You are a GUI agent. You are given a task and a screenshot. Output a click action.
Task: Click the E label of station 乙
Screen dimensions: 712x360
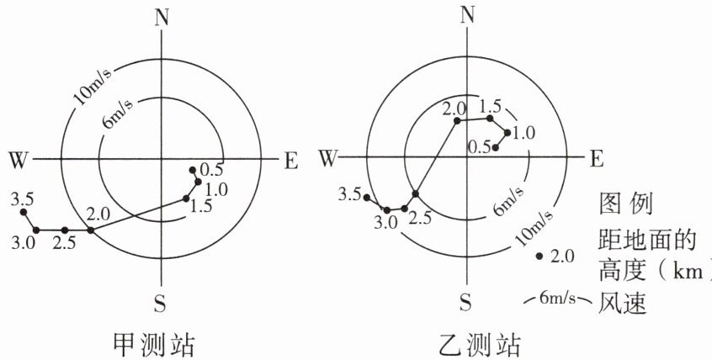tap(596, 158)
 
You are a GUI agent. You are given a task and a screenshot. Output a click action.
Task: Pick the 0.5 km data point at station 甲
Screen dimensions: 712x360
tap(193, 167)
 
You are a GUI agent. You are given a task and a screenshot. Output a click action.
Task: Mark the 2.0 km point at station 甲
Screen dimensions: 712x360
tap(92, 229)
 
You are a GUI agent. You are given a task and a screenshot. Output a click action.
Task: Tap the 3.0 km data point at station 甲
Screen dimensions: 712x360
tap(36, 229)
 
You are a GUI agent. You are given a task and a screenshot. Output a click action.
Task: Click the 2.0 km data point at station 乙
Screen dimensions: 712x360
tap(458, 121)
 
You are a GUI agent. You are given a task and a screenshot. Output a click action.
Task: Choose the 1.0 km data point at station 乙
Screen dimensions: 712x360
tap(507, 132)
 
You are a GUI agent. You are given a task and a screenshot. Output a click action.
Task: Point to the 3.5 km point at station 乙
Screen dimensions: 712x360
tap(368, 197)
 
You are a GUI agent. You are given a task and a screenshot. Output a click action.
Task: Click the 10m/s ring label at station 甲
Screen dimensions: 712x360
tap(95, 85)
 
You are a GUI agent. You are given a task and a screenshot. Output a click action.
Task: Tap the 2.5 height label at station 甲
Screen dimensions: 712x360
tap(64, 243)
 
